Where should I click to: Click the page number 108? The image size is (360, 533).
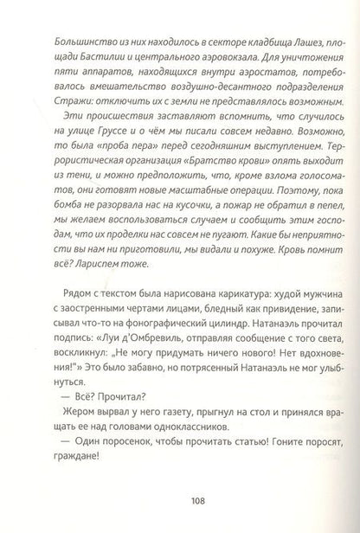point(180,498)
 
